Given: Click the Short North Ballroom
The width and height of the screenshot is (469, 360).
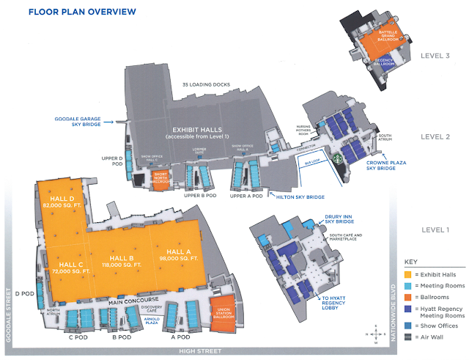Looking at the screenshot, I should pyautogui.click(x=160, y=177).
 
